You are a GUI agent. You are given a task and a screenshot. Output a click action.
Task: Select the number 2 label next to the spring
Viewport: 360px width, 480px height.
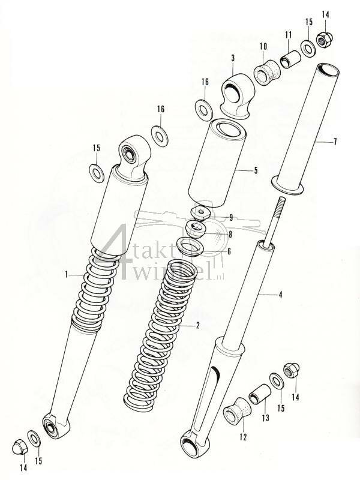pyautogui.click(x=197, y=326)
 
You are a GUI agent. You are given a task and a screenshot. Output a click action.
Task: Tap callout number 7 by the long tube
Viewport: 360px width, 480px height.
pyautogui.click(x=335, y=142)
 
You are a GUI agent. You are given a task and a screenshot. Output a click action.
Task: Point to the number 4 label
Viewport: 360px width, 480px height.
pyautogui.click(x=280, y=295)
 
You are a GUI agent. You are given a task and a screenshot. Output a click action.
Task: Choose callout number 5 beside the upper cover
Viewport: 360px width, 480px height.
pyautogui.click(x=256, y=170)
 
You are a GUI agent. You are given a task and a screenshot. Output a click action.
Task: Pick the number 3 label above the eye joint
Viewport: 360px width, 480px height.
pyautogui.click(x=233, y=58)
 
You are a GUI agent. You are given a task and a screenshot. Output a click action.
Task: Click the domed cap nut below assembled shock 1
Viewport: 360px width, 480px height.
pyautogui.click(x=19, y=446)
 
